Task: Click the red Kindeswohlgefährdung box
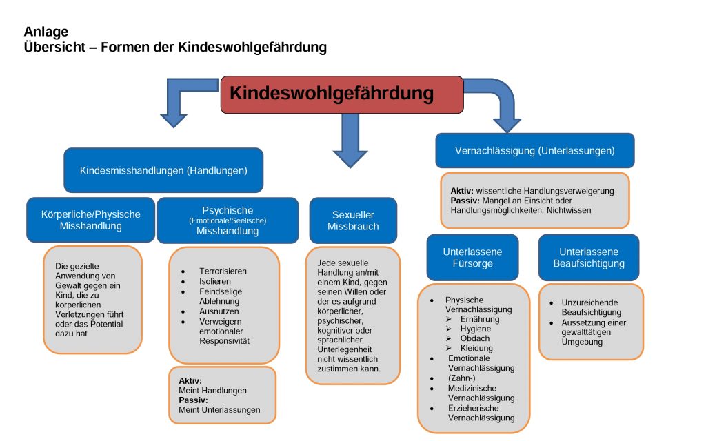coord(342,94)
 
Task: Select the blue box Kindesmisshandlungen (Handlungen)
coord(163,170)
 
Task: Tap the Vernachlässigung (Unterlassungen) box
coord(534,150)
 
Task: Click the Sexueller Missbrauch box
coord(353,220)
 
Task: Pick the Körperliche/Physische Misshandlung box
coord(90,220)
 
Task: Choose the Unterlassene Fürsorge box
coord(472,257)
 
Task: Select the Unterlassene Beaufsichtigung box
coord(588,257)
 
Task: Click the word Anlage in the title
coord(46,32)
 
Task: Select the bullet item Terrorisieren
coord(223,271)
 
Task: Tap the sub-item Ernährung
coord(480,319)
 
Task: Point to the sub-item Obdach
coord(475,338)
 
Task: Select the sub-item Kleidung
coord(476,348)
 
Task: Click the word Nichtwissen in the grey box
coord(567,210)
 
